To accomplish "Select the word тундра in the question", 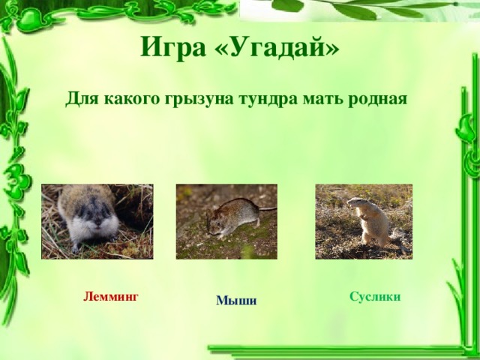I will click(267, 98).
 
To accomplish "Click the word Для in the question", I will click(80, 98).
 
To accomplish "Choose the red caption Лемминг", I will click(112, 296).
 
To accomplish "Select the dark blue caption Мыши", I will click(236, 301).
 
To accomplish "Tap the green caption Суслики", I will click(375, 296).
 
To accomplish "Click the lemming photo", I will click(97, 221).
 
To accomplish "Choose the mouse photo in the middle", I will click(226, 221).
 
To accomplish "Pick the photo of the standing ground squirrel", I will click(364, 221).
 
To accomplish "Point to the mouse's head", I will click(214, 223).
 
